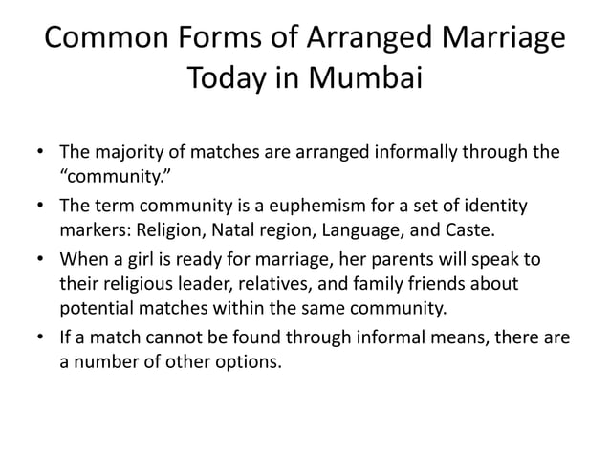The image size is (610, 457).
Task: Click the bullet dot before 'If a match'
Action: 39,339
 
